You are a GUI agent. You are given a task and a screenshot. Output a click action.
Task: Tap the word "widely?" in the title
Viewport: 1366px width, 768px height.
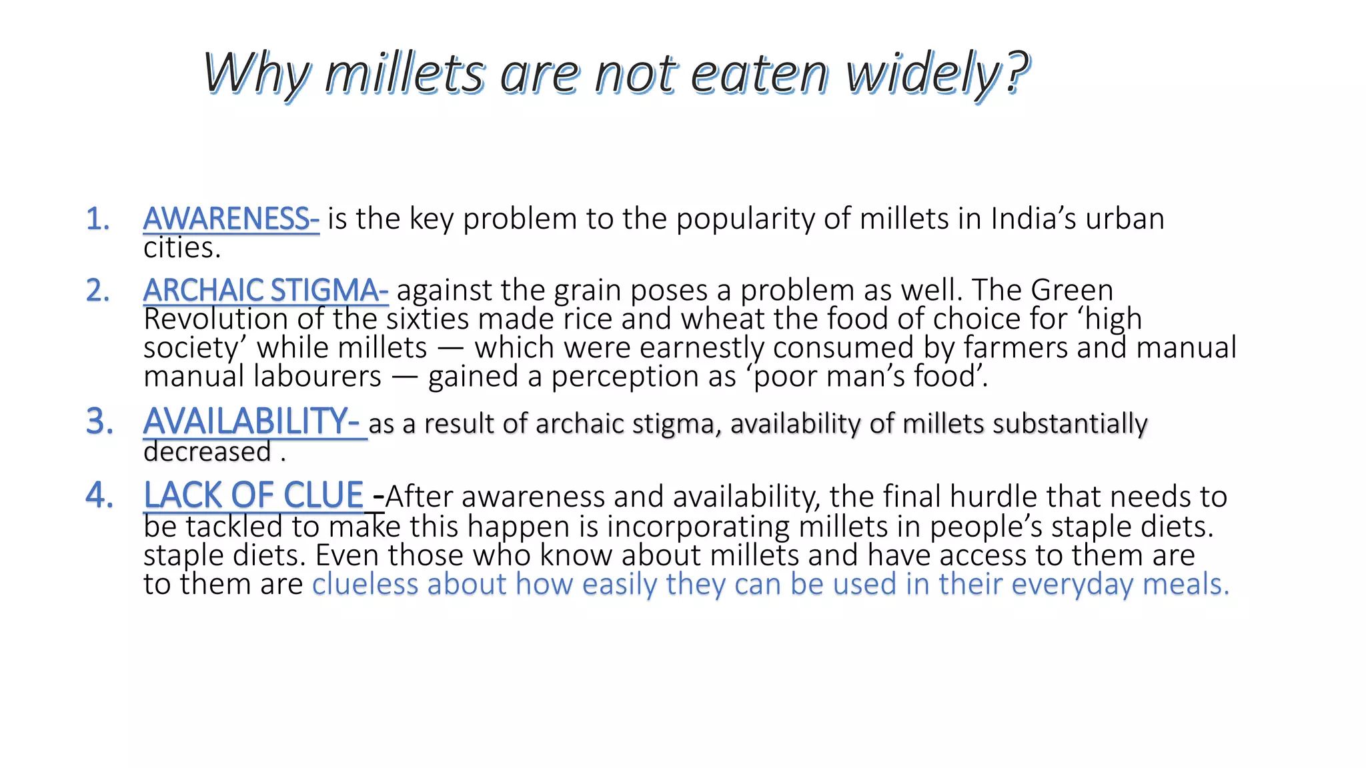point(937,75)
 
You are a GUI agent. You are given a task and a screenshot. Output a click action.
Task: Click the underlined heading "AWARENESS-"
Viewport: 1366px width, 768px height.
point(231,219)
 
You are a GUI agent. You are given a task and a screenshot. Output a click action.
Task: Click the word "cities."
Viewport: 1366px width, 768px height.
point(181,249)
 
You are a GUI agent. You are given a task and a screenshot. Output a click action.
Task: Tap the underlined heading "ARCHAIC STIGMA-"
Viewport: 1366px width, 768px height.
point(265,291)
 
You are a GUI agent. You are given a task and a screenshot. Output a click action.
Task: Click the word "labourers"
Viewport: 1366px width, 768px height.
point(318,377)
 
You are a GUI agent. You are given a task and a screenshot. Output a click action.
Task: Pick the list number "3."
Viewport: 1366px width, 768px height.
point(99,422)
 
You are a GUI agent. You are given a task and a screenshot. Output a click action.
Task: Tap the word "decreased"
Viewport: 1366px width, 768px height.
point(207,452)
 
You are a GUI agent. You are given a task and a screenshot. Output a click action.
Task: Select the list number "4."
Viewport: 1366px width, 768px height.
point(99,496)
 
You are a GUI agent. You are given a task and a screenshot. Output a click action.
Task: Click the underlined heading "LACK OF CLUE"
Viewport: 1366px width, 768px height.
point(253,495)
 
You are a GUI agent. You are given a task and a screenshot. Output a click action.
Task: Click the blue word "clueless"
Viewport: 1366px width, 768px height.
point(365,585)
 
